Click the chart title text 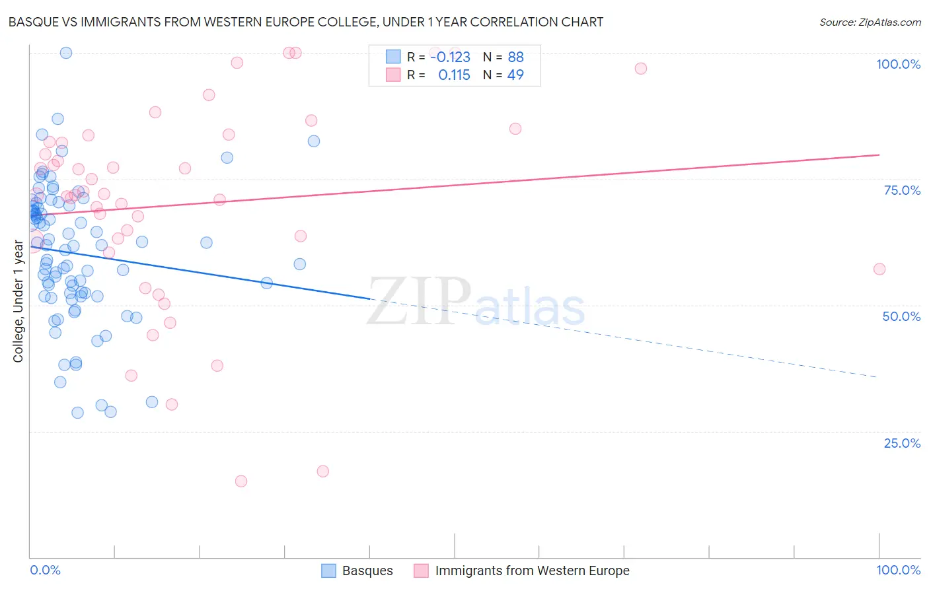click(305, 22)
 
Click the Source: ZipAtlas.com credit click(870, 22)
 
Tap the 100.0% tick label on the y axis click(898, 64)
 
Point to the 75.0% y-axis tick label click(902, 190)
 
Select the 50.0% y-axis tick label click(901, 316)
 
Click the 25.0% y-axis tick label click(902, 443)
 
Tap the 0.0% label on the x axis click(45, 570)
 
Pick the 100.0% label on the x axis click(898, 570)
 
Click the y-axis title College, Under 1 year click(19, 302)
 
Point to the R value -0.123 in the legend click(450, 57)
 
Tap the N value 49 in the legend click(515, 75)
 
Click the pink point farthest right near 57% click(879, 269)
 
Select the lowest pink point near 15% click(241, 481)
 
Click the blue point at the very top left click(66, 53)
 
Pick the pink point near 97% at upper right click(640, 69)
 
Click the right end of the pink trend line click(879, 155)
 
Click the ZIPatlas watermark click(476, 302)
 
